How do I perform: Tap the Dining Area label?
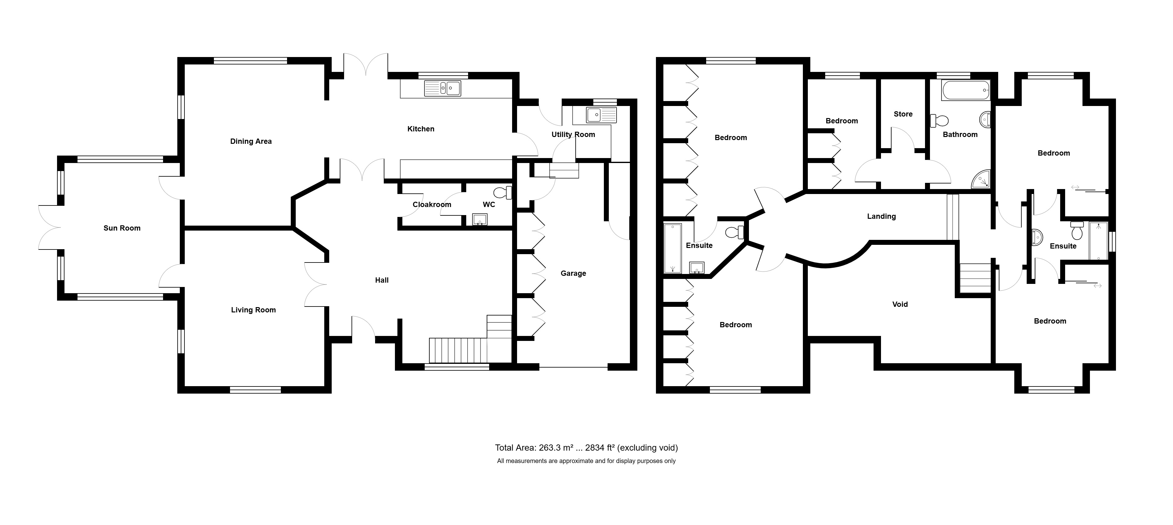pyautogui.click(x=250, y=142)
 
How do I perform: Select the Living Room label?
pyautogui.click(x=253, y=310)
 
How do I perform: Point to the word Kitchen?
pyautogui.click(x=420, y=129)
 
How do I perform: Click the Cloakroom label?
pyautogui.click(x=432, y=205)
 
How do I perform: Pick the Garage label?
pyautogui.click(x=573, y=274)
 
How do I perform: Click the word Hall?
pyautogui.click(x=382, y=280)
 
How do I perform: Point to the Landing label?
pyautogui.click(x=881, y=217)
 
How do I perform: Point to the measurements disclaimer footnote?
pyautogui.click(x=586, y=461)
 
